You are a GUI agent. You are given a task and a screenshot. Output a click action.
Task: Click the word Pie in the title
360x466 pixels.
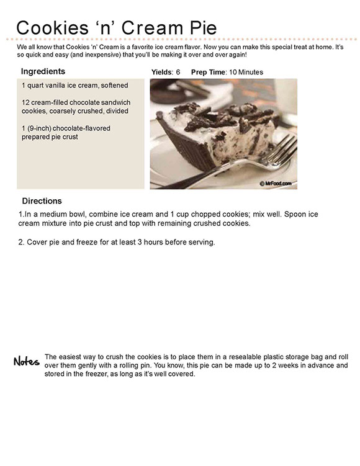pyautogui.click(x=204, y=28)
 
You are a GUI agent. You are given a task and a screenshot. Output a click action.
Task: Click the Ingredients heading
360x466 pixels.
pyautogui.click(x=43, y=71)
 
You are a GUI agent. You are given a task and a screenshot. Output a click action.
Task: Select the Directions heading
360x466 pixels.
pyautogui.click(x=42, y=201)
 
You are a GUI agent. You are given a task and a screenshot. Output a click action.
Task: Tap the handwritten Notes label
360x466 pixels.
pyautogui.click(x=27, y=361)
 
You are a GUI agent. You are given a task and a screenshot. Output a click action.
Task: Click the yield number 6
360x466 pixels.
pyautogui.click(x=178, y=72)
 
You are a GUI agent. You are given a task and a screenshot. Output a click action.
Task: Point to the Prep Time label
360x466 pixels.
pyautogui.click(x=209, y=72)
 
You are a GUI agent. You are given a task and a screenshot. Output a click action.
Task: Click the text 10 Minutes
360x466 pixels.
pyautogui.click(x=246, y=72)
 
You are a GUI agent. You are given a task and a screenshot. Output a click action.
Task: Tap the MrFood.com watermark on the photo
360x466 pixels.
pyautogui.click(x=276, y=184)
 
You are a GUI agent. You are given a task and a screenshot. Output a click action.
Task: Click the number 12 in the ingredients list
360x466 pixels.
pyautogui.click(x=25, y=102)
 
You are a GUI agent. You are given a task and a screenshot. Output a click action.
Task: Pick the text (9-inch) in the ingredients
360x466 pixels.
pyautogui.click(x=39, y=128)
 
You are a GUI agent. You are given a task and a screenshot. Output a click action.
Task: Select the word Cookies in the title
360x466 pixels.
pyautogui.click(x=53, y=28)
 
